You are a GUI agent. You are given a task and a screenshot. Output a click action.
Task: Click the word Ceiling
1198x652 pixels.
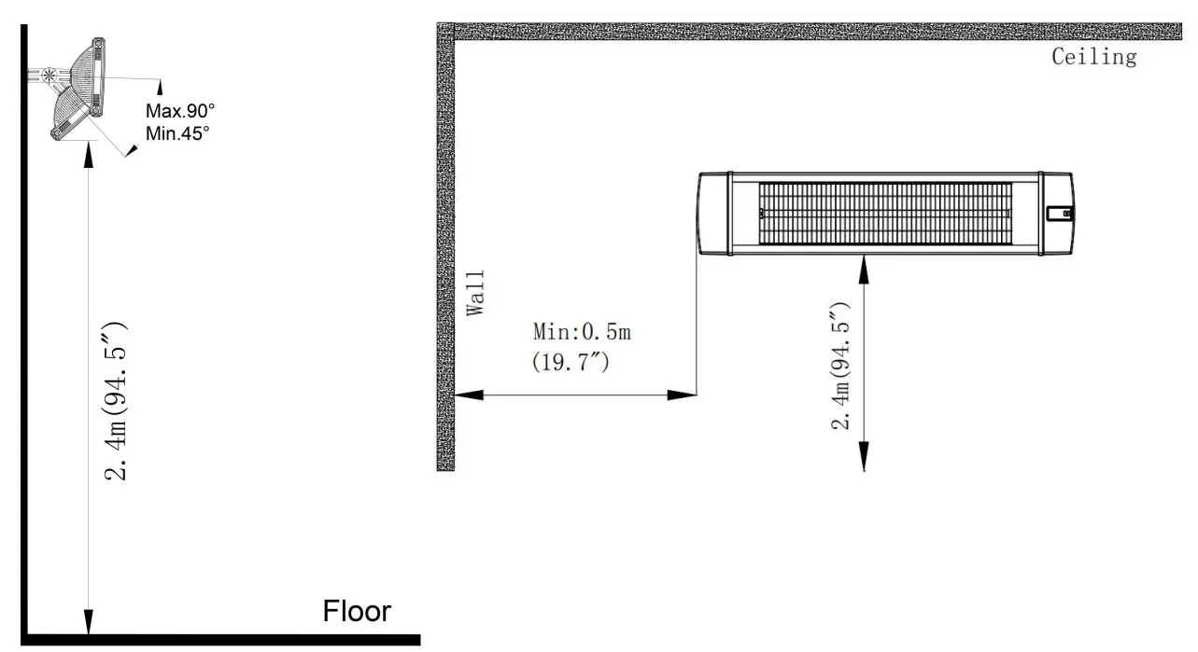(x=1094, y=57)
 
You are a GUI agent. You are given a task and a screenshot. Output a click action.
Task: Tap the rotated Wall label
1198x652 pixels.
(x=475, y=293)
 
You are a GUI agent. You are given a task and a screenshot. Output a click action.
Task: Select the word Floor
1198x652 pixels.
(x=357, y=611)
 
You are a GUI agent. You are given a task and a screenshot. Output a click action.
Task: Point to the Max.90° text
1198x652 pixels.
(x=180, y=111)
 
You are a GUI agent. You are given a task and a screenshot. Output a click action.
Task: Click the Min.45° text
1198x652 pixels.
(x=177, y=133)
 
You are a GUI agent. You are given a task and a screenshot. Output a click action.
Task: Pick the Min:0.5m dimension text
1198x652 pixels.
(x=582, y=332)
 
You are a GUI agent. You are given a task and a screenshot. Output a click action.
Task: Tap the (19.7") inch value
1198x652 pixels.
(x=571, y=362)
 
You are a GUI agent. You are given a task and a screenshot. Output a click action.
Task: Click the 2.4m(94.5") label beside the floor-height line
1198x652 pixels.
(x=116, y=401)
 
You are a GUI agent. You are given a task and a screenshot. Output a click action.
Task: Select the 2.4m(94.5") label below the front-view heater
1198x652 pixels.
(x=840, y=366)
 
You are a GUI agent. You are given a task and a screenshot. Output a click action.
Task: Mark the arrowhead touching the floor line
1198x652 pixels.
(x=89, y=621)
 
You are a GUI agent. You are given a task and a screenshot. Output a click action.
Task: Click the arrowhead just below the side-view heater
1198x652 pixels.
(x=89, y=155)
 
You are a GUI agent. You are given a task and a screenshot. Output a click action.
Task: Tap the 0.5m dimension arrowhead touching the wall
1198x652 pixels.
(x=469, y=395)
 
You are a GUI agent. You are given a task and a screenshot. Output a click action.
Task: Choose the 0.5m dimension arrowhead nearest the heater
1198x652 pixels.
(x=682, y=395)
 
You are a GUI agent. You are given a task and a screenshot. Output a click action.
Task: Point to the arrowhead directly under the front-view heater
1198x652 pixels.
(x=864, y=270)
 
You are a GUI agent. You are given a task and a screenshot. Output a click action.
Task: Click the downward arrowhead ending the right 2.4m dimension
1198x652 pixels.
(x=864, y=456)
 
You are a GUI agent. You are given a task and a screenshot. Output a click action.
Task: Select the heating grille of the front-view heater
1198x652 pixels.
(x=885, y=214)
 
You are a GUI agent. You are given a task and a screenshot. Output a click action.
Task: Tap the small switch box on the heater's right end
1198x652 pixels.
(x=1060, y=214)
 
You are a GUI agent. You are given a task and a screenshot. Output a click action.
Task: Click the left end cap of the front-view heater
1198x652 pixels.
(x=714, y=214)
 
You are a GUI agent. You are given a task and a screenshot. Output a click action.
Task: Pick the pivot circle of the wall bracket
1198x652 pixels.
(x=49, y=76)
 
